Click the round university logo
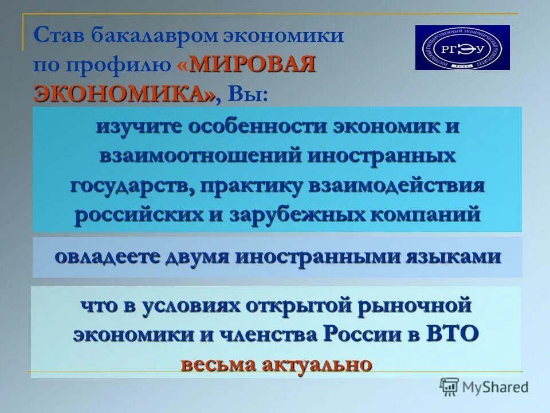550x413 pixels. click(x=462, y=48)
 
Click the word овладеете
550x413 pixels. click(x=107, y=256)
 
